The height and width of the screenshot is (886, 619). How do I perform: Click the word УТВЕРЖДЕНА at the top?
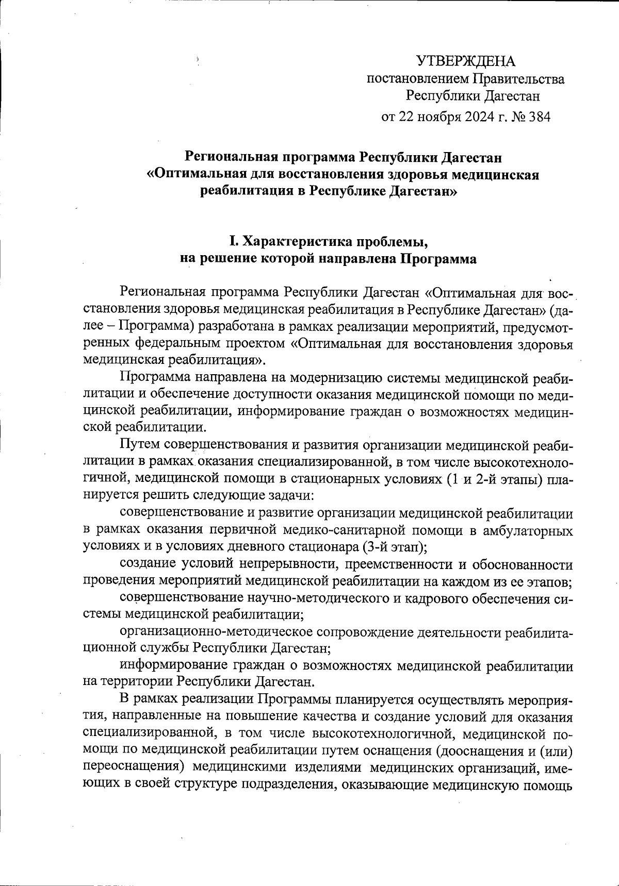pyautogui.click(x=466, y=61)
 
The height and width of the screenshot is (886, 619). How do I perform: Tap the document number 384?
pyautogui.click(x=540, y=116)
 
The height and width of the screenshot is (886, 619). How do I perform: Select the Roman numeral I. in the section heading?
pyautogui.click(x=233, y=241)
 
